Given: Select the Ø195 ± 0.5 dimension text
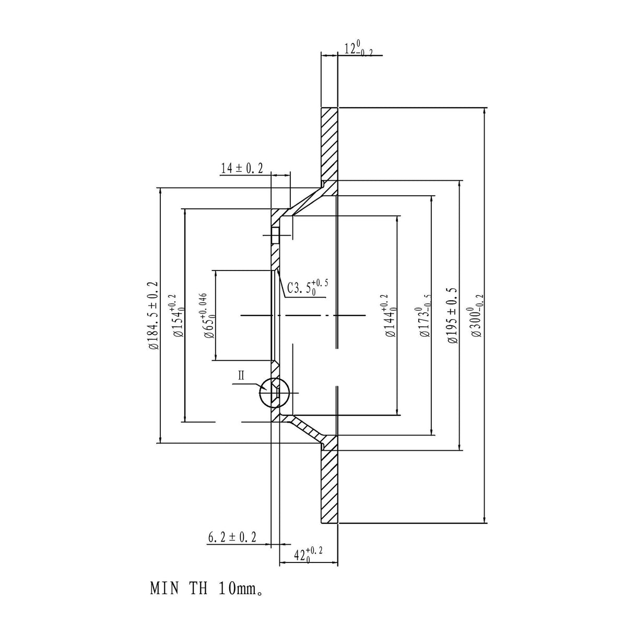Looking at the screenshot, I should click(x=453, y=315).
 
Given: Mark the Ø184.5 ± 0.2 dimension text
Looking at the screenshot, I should click(x=152, y=315).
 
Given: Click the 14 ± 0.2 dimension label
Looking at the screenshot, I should click(x=242, y=168).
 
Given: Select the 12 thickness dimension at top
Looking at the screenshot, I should click(x=358, y=49).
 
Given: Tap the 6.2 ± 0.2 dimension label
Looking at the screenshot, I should click(x=232, y=537).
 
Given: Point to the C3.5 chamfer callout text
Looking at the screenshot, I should click(x=307, y=287).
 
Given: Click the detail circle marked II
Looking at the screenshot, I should click(x=274, y=393).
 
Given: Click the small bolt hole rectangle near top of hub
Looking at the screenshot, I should click(x=275, y=236).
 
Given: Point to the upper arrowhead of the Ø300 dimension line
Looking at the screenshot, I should click(x=485, y=111).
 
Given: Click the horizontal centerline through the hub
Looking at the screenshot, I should click(x=303, y=315).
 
